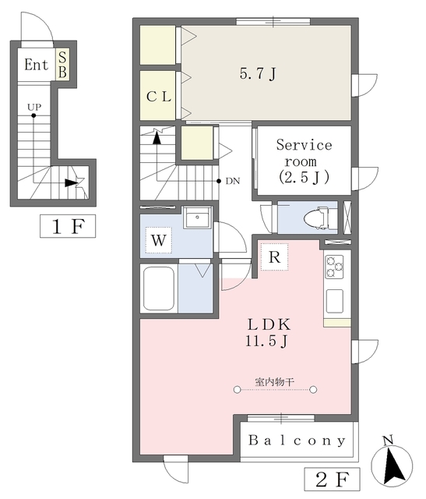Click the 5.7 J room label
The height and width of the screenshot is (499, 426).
coord(258,74)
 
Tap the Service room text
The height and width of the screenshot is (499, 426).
coord(304,153)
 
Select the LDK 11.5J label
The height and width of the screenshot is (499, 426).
coord(269,332)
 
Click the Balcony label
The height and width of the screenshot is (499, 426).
coord(297,441)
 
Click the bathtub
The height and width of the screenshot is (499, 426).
coord(159,288)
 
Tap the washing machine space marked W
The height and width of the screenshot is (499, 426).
coord(159,240)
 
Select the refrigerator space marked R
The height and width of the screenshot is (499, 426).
coord(274,257)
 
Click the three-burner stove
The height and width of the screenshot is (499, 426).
coord(334,267)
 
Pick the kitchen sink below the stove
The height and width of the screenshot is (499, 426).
coord(334,301)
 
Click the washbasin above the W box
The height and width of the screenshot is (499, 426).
coord(197,217)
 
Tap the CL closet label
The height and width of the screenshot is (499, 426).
coord(159,97)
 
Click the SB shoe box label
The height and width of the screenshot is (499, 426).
coord(62,65)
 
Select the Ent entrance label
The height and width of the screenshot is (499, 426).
coord(37,65)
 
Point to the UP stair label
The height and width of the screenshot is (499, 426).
coord(34,107)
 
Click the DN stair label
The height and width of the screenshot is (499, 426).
coord(233,181)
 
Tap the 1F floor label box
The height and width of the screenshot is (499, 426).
coord(68,226)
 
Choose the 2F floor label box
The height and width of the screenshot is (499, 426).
coord(332,479)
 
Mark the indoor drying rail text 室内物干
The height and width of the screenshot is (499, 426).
coord(274,381)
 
